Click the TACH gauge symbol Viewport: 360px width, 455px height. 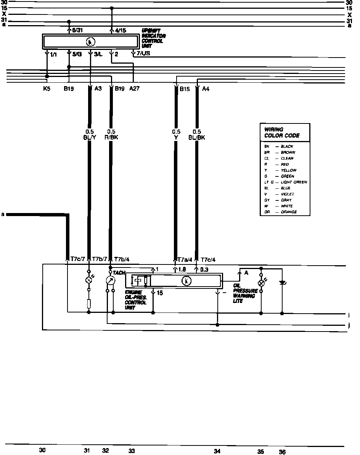[111, 280]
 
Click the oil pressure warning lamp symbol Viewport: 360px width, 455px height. [261, 283]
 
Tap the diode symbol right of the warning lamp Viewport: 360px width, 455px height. [282, 283]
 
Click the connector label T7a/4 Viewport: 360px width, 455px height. [185, 260]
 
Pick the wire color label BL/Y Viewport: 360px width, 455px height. [90, 137]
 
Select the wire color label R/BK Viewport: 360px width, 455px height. [111, 137]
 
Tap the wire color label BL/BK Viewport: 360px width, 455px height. [197, 137]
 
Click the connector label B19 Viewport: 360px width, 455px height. [120, 89]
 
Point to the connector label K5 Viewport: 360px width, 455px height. [47, 89]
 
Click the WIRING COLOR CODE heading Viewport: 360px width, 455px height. [282, 133]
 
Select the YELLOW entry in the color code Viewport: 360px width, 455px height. [288, 170]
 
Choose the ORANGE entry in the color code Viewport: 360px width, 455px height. [289, 212]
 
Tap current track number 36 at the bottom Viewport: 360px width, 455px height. [282, 452]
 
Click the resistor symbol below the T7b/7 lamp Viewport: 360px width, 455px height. [89, 304]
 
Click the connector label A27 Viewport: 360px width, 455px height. [134, 89]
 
